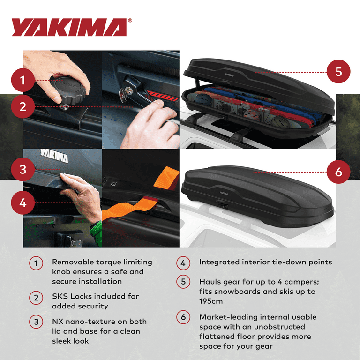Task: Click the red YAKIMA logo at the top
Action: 69,28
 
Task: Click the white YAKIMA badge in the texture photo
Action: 54,156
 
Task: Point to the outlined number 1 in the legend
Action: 36,263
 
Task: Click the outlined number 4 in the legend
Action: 183,263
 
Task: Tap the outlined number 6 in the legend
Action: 183,318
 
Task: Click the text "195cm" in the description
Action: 212,301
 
